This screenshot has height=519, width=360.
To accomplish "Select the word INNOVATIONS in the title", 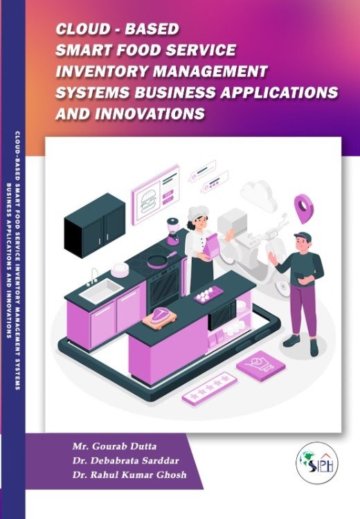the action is coord(150,113).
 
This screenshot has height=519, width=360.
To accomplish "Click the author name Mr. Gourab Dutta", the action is coord(115,446).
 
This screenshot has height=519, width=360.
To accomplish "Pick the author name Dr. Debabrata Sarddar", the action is coord(126,460).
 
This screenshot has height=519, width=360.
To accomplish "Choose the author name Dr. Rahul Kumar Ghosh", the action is coord(129,475).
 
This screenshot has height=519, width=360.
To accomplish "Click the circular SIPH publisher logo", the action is coord(316,463).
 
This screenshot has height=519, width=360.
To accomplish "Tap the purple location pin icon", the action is coord(304,208).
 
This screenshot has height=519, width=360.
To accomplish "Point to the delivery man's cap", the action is coord(303,237).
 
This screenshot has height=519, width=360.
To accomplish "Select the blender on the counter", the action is coord(173,231).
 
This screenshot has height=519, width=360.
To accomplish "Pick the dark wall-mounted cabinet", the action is coord(95,226).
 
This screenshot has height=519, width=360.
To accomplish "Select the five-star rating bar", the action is coord(210,388).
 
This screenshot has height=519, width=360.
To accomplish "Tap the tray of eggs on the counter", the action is coord(208,294).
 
